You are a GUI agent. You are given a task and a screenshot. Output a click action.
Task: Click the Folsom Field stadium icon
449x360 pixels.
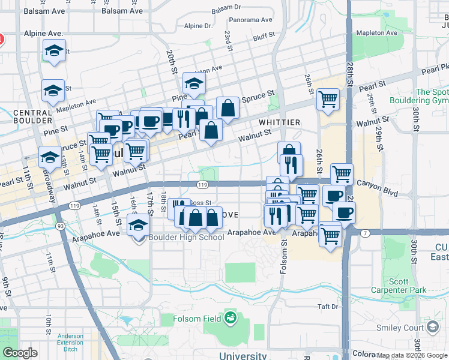(230, 319)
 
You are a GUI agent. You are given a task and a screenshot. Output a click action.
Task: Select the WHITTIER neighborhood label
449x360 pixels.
(279, 122)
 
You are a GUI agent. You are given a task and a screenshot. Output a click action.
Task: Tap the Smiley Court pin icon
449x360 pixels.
(432, 327)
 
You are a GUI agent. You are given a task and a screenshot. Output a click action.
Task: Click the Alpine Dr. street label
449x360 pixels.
(198, 26)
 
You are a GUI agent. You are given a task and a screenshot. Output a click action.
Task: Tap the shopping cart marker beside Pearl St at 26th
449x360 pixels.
(328, 99)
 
